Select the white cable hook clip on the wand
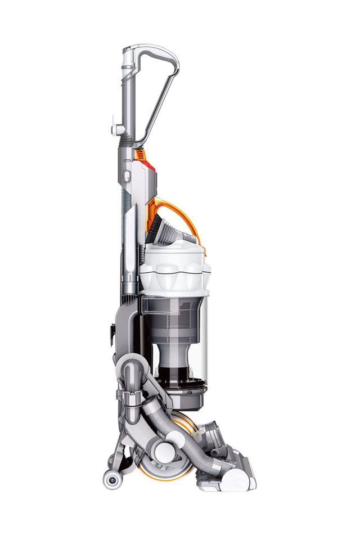pyautogui.click(x=118, y=130)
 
